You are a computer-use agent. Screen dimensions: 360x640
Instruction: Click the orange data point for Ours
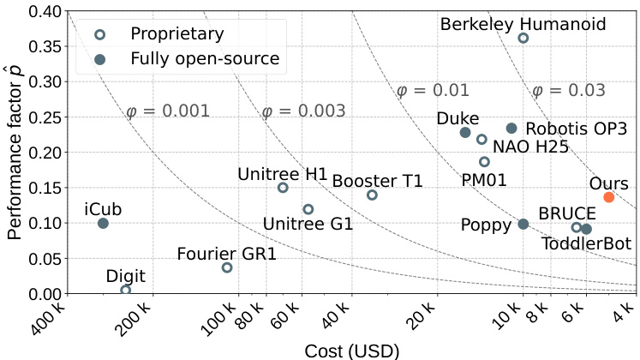pyautogui.click(x=609, y=197)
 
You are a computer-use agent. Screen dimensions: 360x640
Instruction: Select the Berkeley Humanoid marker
pyautogui.click(x=523, y=38)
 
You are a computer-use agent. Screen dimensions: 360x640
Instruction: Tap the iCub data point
pyautogui.click(x=103, y=224)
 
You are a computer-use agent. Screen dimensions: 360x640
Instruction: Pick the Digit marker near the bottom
pyautogui.click(x=126, y=291)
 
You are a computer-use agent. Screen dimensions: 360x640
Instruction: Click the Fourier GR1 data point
pyautogui.click(x=227, y=267)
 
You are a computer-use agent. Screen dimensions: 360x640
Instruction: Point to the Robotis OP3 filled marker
pyautogui.click(x=511, y=129)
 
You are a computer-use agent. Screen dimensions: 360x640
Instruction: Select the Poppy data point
pyautogui.click(x=523, y=225)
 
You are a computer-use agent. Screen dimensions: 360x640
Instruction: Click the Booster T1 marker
pyautogui.click(x=372, y=195)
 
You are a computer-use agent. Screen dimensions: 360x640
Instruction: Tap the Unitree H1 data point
pyautogui.click(x=283, y=188)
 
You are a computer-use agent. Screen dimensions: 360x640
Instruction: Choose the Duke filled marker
pyautogui.click(x=465, y=133)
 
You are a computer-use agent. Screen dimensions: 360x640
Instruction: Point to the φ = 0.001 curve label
pyautogui.click(x=168, y=111)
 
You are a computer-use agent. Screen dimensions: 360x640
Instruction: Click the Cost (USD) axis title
pyautogui.click(x=351, y=351)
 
